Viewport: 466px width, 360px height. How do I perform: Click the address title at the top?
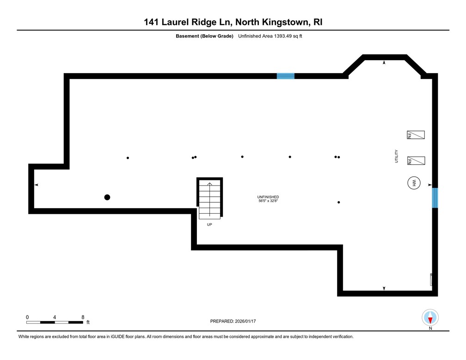233,22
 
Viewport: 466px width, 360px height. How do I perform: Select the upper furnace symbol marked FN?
416,135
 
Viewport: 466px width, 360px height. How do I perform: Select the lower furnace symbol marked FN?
416,161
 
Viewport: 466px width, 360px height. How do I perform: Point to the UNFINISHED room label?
268,197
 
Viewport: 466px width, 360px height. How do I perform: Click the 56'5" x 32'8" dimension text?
268,201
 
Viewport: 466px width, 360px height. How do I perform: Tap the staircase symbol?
209,199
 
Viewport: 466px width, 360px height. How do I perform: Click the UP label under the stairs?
209,224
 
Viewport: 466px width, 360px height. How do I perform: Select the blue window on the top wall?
285,76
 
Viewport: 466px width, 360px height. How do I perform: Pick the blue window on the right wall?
435,198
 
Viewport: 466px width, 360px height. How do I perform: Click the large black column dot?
107,197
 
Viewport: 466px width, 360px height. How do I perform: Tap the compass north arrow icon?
430,318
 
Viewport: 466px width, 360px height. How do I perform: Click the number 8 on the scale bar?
83,317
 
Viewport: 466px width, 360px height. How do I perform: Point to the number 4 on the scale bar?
55,317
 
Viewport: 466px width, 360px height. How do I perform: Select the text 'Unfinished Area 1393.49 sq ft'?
270,36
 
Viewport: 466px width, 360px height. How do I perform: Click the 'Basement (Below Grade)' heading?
204,36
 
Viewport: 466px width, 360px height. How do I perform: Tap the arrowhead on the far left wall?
36,185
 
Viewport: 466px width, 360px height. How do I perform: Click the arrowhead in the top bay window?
384,62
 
